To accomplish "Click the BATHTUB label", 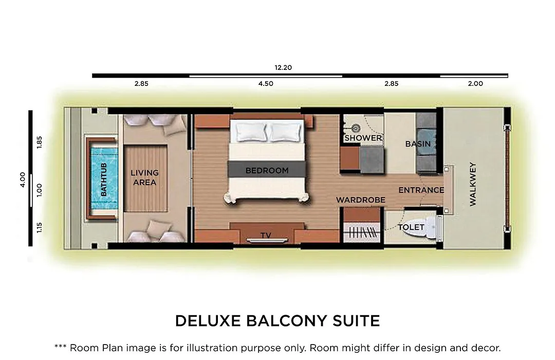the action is (x=104, y=179).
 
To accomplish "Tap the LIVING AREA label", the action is (x=144, y=177).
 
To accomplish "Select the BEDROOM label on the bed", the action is (x=267, y=170).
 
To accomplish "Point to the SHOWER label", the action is (x=363, y=138).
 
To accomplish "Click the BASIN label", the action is (x=418, y=144).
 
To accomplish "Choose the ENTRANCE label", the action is (x=421, y=190).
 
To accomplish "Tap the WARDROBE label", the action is (x=361, y=200).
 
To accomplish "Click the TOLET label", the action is (x=411, y=227).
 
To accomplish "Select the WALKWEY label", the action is (x=473, y=184).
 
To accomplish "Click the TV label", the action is (x=266, y=235).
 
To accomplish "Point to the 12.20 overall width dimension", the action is (x=283, y=67).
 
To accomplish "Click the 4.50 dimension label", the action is (x=266, y=84).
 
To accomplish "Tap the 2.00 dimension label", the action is (x=475, y=84).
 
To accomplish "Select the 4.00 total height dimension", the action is (x=23, y=179).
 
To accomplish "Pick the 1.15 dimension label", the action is (x=39, y=227).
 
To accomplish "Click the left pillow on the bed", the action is (x=251, y=132).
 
